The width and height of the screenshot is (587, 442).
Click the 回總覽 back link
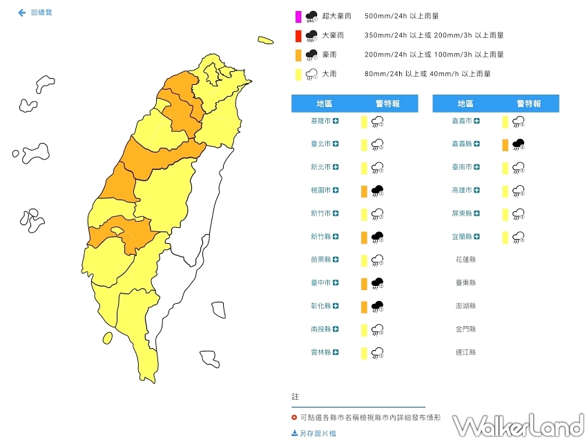[x=35, y=13]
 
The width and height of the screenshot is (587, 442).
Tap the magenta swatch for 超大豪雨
[x=297, y=16]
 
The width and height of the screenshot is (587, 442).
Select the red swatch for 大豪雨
[x=297, y=35]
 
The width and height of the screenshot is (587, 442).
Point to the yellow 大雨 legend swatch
[x=297, y=74]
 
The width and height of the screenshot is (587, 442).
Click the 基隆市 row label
[x=321, y=121]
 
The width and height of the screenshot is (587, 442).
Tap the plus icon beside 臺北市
[x=336, y=144]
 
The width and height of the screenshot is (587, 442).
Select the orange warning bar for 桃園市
[x=364, y=191]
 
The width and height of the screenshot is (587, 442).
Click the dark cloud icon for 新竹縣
[x=378, y=238]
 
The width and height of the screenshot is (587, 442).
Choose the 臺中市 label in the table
[x=321, y=283]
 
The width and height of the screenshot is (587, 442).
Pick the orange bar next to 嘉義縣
[x=505, y=144]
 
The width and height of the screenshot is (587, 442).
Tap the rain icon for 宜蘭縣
[x=519, y=238]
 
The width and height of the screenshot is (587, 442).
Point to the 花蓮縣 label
[x=465, y=260]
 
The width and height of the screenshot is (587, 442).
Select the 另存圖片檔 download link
[x=314, y=433]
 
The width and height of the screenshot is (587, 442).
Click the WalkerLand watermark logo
[x=518, y=425]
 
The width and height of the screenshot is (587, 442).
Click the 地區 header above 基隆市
[x=324, y=104]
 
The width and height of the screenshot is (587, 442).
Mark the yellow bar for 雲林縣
[x=364, y=353]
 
